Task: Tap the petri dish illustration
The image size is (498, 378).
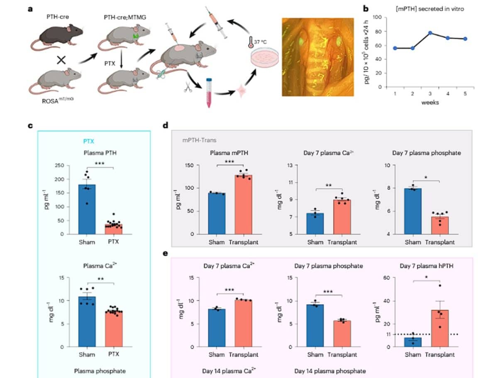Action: pyautogui.click(x=264, y=58)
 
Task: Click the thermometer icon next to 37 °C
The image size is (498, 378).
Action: pyautogui.click(x=251, y=42)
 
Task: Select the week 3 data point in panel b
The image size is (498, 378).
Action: pyautogui.click(x=430, y=33)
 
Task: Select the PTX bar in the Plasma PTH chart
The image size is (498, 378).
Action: pyautogui.click(x=113, y=229)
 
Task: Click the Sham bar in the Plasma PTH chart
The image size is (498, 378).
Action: pyautogui.click(x=87, y=209)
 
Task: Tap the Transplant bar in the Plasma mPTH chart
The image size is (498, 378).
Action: pyautogui.click(x=243, y=204)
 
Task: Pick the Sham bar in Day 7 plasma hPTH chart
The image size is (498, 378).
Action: pyautogui.click(x=413, y=342)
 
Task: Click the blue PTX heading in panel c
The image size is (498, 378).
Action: pyautogui.click(x=88, y=141)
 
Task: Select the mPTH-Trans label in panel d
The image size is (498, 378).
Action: pyautogui.click(x=199, y=140)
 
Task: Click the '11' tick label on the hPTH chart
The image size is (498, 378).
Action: pyautogui.click(x=388, y=334)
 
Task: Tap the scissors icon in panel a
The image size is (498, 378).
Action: pyautogui.click(x=188, y=87)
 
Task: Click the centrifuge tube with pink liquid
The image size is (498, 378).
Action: pyautogui.click(x=209, y=93)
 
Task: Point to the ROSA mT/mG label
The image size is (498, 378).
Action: pyautogui.click(x=58, y=100)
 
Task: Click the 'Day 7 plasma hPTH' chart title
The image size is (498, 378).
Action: pyautogui.click(x=426, y=266)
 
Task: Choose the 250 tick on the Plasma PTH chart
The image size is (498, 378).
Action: pyautogui.click(x=59, y=165)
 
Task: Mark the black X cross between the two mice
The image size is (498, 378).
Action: pyautogui.click(x=61, y=60)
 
